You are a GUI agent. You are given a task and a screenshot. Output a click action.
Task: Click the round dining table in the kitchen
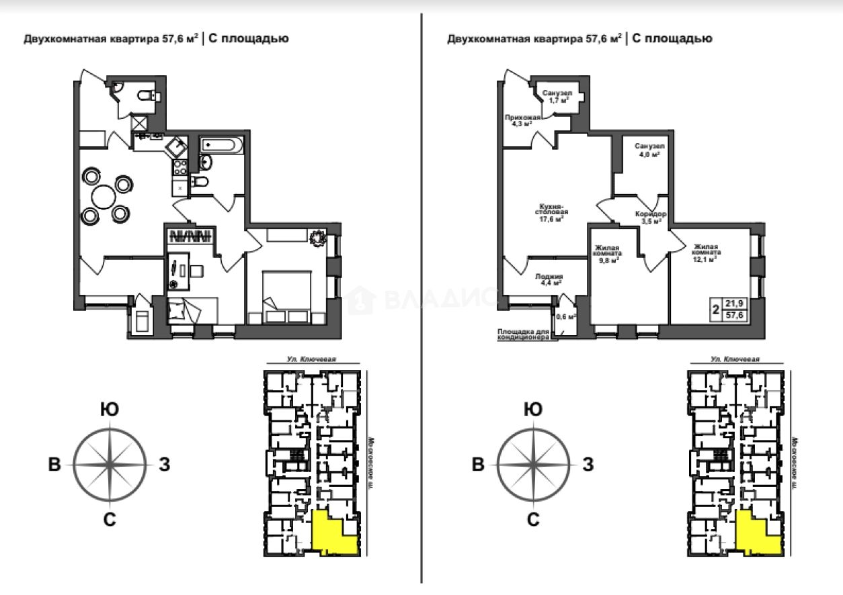104,197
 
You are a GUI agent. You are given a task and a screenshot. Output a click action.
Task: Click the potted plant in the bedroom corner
317,238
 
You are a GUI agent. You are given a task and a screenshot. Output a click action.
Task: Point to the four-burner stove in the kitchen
179,169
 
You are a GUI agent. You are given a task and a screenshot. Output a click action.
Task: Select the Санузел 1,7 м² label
557,96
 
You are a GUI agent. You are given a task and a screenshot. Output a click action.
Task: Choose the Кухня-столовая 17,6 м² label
549,212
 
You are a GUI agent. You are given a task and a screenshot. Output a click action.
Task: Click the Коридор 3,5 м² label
650,216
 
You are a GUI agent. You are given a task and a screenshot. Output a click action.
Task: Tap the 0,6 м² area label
565,316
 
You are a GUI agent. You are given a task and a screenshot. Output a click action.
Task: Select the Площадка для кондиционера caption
523,334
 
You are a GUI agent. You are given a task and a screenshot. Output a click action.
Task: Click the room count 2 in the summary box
716,310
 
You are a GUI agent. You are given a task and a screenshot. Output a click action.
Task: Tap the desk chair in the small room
196,269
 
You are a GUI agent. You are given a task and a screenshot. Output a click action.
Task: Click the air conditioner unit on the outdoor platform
142,320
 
